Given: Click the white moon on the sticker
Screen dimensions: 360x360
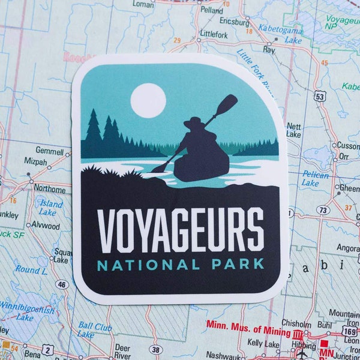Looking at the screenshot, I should pyautogui.click(x=148, y=100).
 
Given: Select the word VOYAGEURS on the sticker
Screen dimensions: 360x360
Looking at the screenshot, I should pyautogui.click(x=180, y=230).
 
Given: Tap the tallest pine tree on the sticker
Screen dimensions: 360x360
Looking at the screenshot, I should pyautogui.click(x=93, y=127).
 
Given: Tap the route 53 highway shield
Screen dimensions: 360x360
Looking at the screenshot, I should pyautogui.click(x=320, y=95).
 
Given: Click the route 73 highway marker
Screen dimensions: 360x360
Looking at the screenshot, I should pyautogui.click(x=323, y=210).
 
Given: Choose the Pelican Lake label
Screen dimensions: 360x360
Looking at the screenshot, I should pyautogui.click(x=315, y=178).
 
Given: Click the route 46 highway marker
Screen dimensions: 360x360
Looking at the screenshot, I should pyautogui.click(x=62, y=284).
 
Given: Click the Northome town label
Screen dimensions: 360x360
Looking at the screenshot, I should pyautogui.click(x=50, y=188).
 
